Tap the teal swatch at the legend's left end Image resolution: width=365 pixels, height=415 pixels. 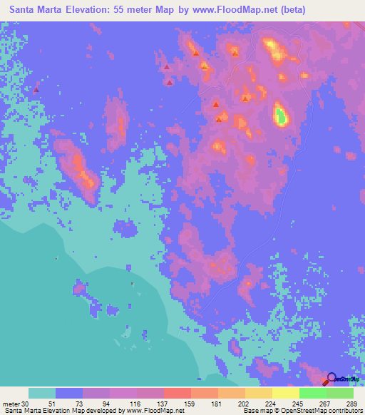[42, 393]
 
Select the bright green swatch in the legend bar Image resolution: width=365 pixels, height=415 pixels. [313, 393]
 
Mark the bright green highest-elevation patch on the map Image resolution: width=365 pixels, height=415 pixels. [282, 114]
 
